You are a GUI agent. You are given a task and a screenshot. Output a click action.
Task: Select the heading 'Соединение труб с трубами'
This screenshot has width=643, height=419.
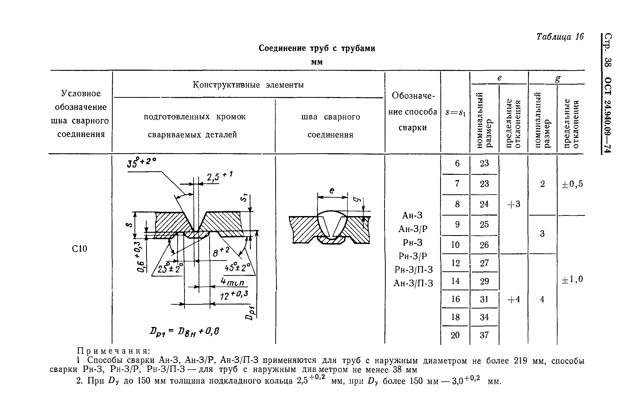[x=317, y=48]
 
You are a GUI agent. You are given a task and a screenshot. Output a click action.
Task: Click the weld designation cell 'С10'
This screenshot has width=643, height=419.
[x=80, y=249]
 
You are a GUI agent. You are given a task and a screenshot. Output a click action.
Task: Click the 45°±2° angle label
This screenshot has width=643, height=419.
[x=238, y=268]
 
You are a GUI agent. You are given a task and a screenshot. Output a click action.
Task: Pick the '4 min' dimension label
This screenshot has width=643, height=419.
[x=232, y=282]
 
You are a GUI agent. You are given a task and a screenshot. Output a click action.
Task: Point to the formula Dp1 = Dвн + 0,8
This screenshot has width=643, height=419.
[x=185, y=331]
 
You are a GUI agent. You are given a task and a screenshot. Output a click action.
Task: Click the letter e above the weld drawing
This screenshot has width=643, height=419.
[x=332, y=191]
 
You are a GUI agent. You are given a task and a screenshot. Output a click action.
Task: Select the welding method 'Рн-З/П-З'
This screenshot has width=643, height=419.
[x=414, y=270]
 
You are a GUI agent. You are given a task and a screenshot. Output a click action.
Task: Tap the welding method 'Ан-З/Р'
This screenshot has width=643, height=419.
[x=413, y=229]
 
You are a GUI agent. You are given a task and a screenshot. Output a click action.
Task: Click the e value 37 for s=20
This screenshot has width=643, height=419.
[x=484, y=335]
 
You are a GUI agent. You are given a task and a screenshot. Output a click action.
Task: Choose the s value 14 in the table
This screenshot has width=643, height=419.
[x=456, y=281]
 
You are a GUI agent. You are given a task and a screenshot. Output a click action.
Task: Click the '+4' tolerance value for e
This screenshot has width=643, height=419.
[x=514, y=299]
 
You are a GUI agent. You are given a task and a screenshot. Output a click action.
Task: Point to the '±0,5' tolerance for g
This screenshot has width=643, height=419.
[x=572, y=184]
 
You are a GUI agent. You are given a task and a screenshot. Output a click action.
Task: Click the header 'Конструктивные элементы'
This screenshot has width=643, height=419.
[x=248, y=85]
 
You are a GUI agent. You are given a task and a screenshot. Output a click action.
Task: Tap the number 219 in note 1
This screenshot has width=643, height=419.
[x=520, y=361]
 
